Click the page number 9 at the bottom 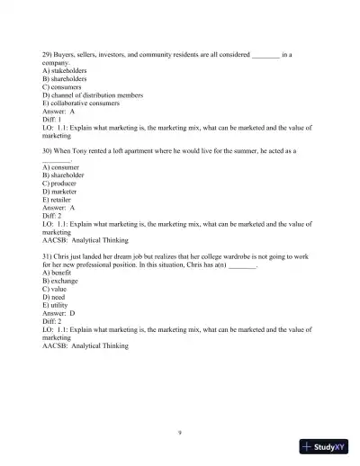tap(180, 432)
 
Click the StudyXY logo tap(325, 446)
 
